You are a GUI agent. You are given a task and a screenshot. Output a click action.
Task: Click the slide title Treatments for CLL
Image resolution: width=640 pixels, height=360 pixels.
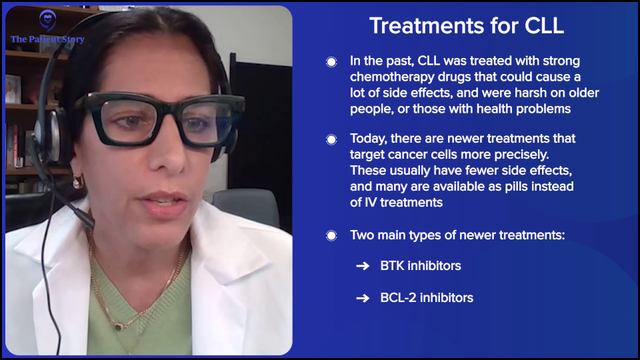467,26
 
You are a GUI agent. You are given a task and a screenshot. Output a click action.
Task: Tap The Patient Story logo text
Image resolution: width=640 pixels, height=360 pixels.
47,39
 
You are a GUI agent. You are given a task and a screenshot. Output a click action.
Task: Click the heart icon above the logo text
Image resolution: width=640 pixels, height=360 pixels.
47,19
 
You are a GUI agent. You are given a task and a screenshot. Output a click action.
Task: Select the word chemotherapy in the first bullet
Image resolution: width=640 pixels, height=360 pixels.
392,77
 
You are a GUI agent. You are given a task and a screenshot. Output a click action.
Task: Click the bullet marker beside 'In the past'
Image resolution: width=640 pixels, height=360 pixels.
331,62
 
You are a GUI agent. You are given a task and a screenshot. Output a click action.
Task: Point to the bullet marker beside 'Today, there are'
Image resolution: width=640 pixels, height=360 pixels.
331,139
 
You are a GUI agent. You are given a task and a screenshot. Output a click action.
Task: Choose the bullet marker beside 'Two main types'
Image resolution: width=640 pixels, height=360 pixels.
331,236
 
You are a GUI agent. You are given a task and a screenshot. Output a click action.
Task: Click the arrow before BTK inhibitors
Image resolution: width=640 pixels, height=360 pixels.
363,266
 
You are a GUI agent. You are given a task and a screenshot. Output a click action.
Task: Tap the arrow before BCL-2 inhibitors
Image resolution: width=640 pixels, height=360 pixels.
363,298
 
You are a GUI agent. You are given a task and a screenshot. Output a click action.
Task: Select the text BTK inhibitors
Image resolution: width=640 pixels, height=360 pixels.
420,266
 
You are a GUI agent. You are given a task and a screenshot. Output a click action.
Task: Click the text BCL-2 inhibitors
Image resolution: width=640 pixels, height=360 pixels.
427,298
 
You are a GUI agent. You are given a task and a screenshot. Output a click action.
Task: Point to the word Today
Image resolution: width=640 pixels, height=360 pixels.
369,139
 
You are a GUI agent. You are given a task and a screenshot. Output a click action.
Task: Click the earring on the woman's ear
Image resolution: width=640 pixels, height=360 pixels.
77,181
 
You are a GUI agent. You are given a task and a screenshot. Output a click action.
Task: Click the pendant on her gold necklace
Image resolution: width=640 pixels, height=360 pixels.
118,326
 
